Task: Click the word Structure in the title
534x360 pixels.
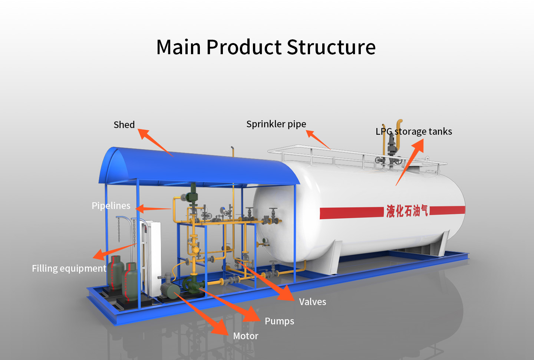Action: click(x=331, y=48)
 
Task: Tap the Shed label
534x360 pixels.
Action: click(x=124, y=125)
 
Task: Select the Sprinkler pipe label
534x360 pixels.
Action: click(x=276, y=124)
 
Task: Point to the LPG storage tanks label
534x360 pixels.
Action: click(x=414, y=131)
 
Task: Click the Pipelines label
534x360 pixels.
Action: click(x=111, y=206)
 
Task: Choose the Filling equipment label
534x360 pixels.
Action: click(x=69, y=268)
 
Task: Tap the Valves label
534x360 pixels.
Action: click(x=313, y=302)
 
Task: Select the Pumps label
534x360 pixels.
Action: click(x=279, y=321)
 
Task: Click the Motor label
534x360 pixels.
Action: click(x=245, y=336)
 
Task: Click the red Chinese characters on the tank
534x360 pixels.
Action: click(x=407, y=211)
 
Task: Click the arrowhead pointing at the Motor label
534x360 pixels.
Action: click(x=220, y=327)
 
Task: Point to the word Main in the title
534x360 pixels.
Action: click(x=179, y=48)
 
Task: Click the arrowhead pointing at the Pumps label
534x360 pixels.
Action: click(x=252, y=315)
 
